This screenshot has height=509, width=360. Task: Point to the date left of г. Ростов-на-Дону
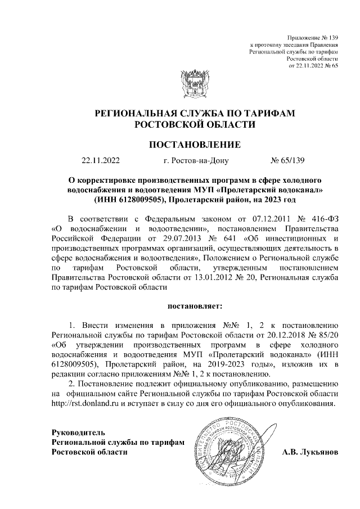101,161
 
